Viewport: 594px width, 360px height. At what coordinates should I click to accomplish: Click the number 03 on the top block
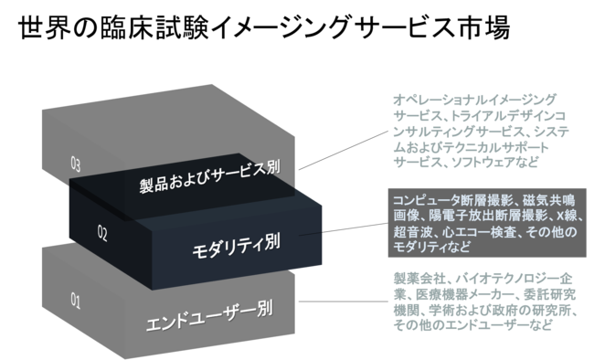click(76, 164)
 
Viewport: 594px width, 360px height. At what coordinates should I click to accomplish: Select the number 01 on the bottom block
click(76, 298)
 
